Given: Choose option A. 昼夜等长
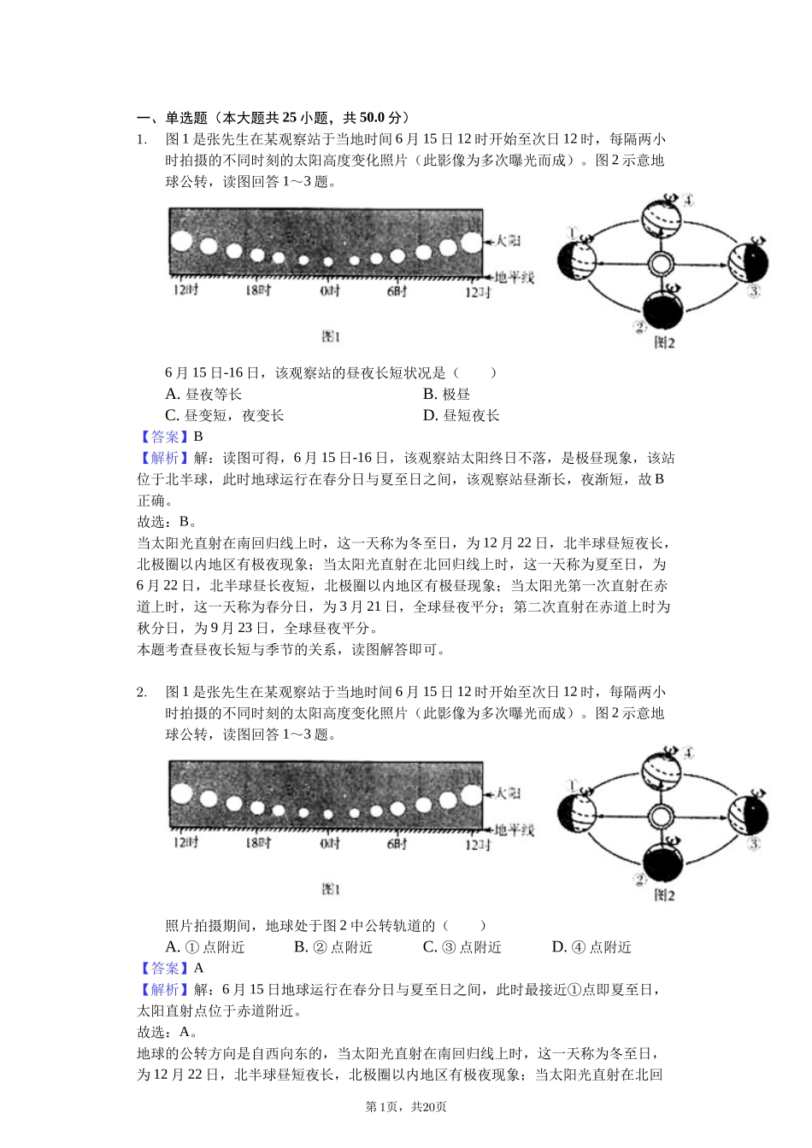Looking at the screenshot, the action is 203,394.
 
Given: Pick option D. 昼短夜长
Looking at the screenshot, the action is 461,415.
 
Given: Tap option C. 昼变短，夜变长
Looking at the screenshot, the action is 224,415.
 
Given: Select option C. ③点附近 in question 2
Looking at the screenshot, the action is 462,946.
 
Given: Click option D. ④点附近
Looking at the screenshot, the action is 591,946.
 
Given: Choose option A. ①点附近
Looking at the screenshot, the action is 205,946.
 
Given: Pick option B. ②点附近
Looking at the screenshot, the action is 333,946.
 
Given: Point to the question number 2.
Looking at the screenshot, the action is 142,692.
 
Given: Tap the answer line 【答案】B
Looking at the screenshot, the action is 171,436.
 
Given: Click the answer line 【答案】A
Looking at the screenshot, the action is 171,968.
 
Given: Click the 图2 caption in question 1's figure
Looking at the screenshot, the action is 664,343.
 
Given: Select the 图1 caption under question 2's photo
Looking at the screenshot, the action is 331,889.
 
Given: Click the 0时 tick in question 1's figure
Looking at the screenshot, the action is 330,291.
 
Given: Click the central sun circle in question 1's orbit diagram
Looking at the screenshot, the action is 660,264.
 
